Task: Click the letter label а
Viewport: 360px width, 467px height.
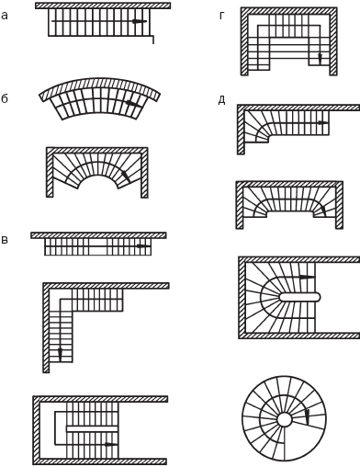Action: tap(5, 16)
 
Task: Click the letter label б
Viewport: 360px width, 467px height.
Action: tap(5, 98)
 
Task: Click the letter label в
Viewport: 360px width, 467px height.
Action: tap(5, 240)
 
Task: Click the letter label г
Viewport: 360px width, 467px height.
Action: tap(222, 16)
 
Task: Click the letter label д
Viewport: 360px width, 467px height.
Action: tap(222, 100)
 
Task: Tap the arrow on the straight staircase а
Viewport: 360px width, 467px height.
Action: tap(139, 21)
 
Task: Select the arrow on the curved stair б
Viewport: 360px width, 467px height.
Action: tap(133, 104)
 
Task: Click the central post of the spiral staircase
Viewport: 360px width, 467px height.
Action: tap(285, 419)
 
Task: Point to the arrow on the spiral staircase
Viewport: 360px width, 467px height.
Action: tap(307, 417)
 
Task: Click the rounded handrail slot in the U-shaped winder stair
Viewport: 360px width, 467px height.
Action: tap(300, 297)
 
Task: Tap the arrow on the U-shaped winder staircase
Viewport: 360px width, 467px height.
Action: tap(307, 277)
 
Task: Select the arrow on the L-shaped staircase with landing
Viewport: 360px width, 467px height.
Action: tap(60, 354)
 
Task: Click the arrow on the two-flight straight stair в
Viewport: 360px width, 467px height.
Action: tap(143, 246)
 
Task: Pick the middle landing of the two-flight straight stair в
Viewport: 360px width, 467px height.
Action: tap(98, 246)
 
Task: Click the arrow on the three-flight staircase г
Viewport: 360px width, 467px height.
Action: tap(320, 58)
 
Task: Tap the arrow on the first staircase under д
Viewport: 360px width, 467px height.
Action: tap(322, 123)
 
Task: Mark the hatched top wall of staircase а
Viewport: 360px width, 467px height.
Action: tap(103, 6)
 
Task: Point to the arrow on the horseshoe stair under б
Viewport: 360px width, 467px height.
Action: tap(125, 176)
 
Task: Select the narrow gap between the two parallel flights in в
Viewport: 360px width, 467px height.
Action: tap(92, 429)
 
